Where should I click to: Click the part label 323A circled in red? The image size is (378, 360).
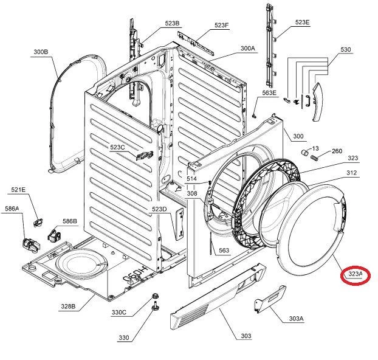click(x=356, y=275)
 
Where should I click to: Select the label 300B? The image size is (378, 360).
click(x=41, y=52)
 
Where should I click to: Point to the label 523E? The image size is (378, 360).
click(x=302, y=22)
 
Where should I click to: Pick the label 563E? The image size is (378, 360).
click(x=269, y=92)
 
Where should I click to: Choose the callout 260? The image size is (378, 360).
click(x=336, y=151)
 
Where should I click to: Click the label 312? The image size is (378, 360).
click(x=351, y=173)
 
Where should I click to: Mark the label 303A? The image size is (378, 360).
click(x=296, y=318)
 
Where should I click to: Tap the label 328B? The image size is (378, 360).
click(x=67, y=306)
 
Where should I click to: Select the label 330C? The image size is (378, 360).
click(x=119, y=313)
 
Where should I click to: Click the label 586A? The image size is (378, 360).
click(x=12, y=209)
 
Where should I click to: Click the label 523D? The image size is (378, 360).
click(x=159, y=209)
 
